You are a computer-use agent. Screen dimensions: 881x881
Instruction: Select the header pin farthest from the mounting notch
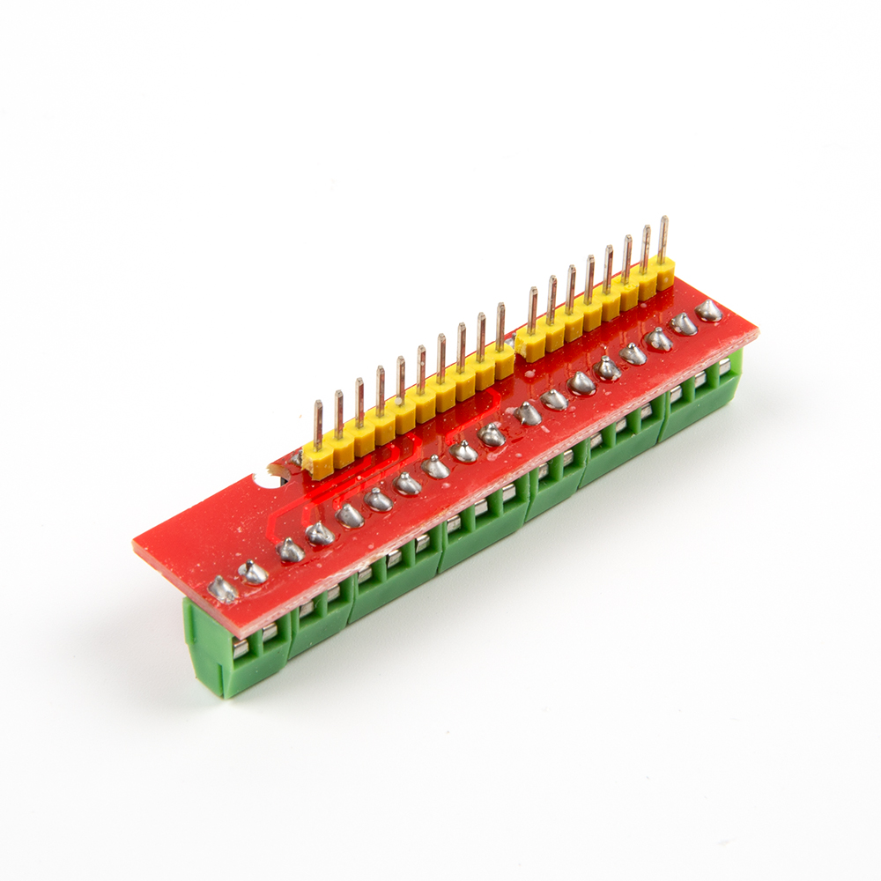(663, 238)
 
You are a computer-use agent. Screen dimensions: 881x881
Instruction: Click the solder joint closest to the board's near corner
(223, 589)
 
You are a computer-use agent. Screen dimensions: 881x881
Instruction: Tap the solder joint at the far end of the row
(708, 310)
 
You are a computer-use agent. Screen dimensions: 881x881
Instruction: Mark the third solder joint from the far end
(658, 338)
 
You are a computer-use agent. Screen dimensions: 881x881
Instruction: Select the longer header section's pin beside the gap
(500, 326)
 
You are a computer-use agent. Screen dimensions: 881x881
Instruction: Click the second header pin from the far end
(646, 248)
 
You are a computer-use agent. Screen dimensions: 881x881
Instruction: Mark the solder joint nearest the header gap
(528, 412)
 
